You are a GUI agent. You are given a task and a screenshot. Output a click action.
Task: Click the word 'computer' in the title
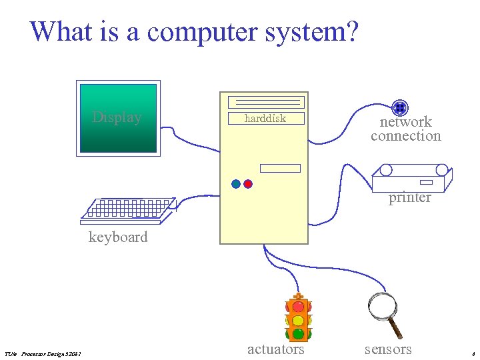[200, 31]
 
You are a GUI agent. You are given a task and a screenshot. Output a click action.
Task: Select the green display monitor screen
[118, 118]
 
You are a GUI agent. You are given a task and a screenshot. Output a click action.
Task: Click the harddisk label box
[265, 119]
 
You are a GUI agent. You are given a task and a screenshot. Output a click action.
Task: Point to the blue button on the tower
[236, 184]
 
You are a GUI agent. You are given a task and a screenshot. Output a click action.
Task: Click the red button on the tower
[248, 184]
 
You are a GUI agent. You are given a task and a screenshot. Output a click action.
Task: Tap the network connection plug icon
[400, 107]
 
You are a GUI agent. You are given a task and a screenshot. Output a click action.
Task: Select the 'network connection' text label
[406, 129]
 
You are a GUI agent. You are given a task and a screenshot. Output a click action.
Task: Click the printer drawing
[411, 178]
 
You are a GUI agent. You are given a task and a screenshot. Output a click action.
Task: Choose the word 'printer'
[409, 198]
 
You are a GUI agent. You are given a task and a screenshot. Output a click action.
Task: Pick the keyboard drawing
[127, 209]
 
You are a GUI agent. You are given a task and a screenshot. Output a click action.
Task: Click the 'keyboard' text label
[118, 237]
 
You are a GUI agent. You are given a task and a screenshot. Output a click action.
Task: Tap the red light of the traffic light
[298, 307]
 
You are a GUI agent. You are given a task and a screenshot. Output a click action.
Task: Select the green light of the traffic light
[298, 333]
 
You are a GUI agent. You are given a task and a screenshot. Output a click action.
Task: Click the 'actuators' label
[275, 349]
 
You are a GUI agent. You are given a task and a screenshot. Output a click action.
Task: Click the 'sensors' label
[388, 349]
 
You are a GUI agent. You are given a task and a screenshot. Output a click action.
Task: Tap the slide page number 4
[472, 353]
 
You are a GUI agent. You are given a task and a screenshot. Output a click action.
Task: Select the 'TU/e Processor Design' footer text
[43, 353]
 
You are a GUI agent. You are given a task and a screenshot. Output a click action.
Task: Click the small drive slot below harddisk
[280, 168]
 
